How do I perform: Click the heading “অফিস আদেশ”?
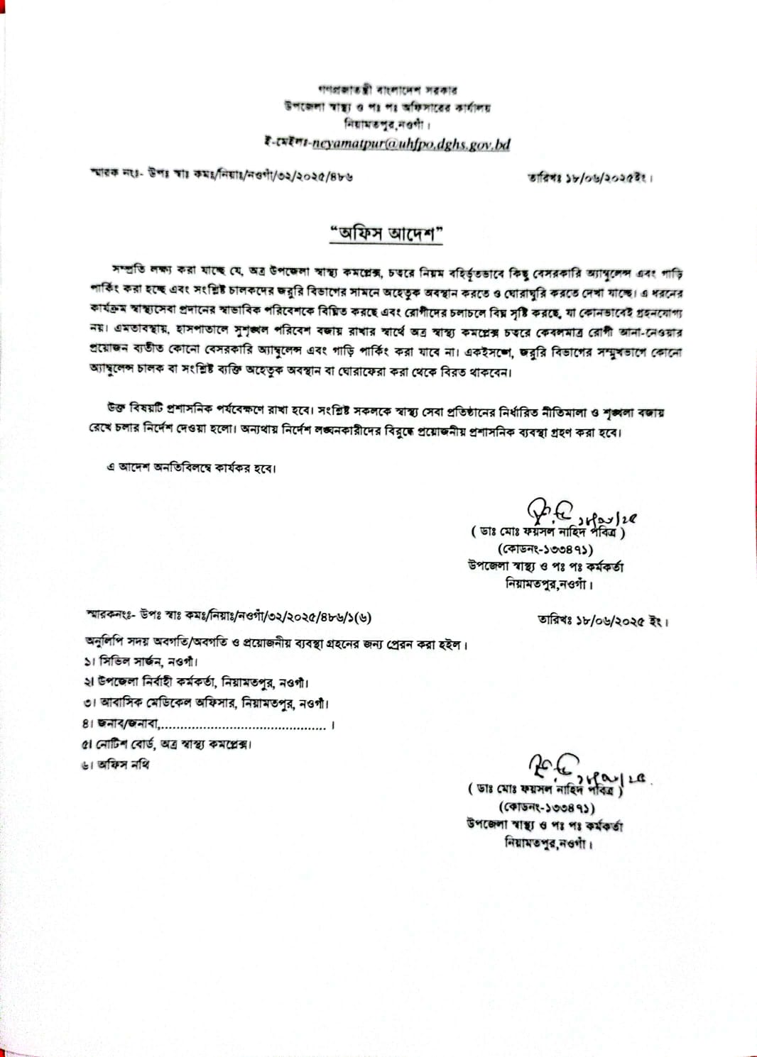386,233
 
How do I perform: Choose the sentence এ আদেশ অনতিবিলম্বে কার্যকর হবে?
190,467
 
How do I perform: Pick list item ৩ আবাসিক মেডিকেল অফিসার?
206,703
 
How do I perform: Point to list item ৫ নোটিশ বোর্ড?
167,744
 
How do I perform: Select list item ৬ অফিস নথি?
116,765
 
